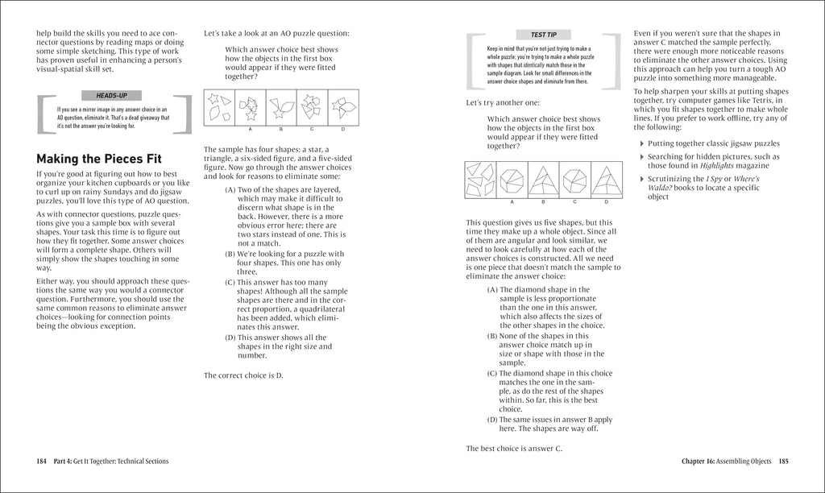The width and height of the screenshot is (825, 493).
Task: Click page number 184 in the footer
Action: pos(42,462)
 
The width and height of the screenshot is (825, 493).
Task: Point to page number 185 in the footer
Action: pos(783,462)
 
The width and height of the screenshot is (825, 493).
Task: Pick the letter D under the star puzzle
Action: pos(343,129)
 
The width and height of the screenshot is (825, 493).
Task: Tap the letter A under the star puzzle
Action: pos(250,129)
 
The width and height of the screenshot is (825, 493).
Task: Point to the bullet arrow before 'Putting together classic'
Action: pos(641,144)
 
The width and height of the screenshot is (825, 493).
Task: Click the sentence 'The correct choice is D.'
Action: pos(243,375)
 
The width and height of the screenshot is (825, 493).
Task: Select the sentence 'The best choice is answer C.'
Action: pos(514,448)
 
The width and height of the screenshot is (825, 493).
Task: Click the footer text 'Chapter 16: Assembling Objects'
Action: pos(719,462)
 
